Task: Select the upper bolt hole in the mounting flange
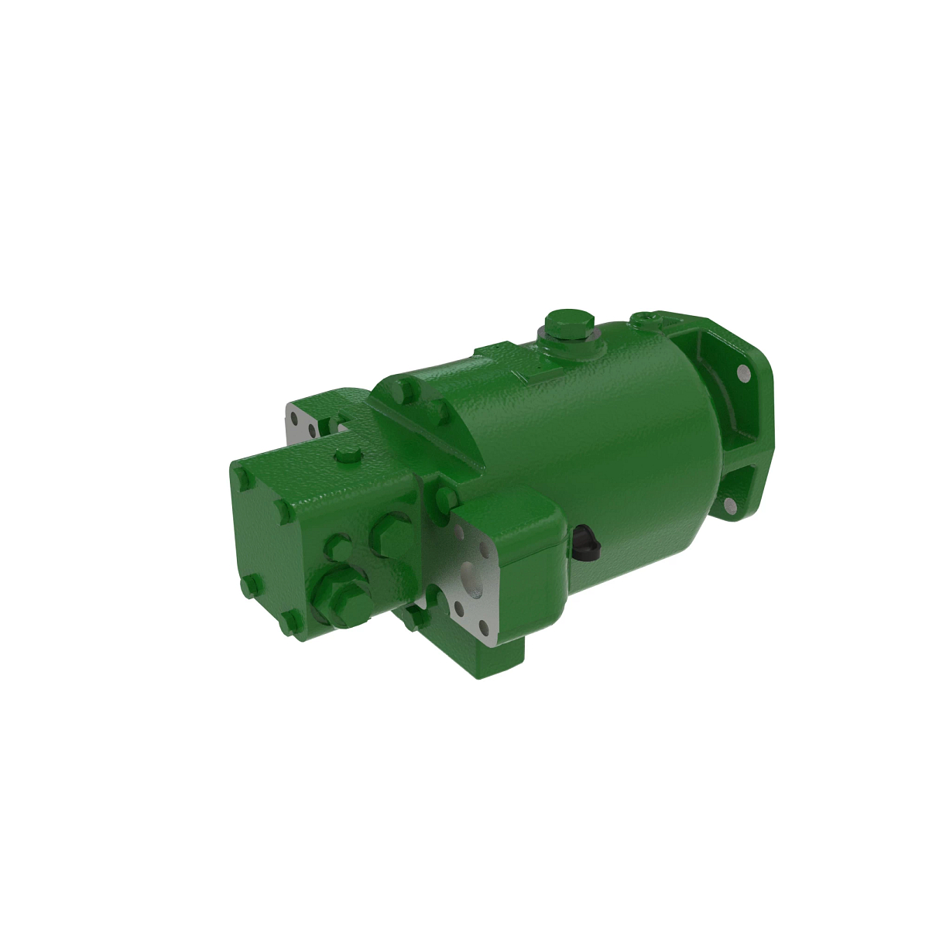point(744,374)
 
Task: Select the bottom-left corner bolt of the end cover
point(248,588)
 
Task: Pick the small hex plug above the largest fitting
point(338,547)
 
